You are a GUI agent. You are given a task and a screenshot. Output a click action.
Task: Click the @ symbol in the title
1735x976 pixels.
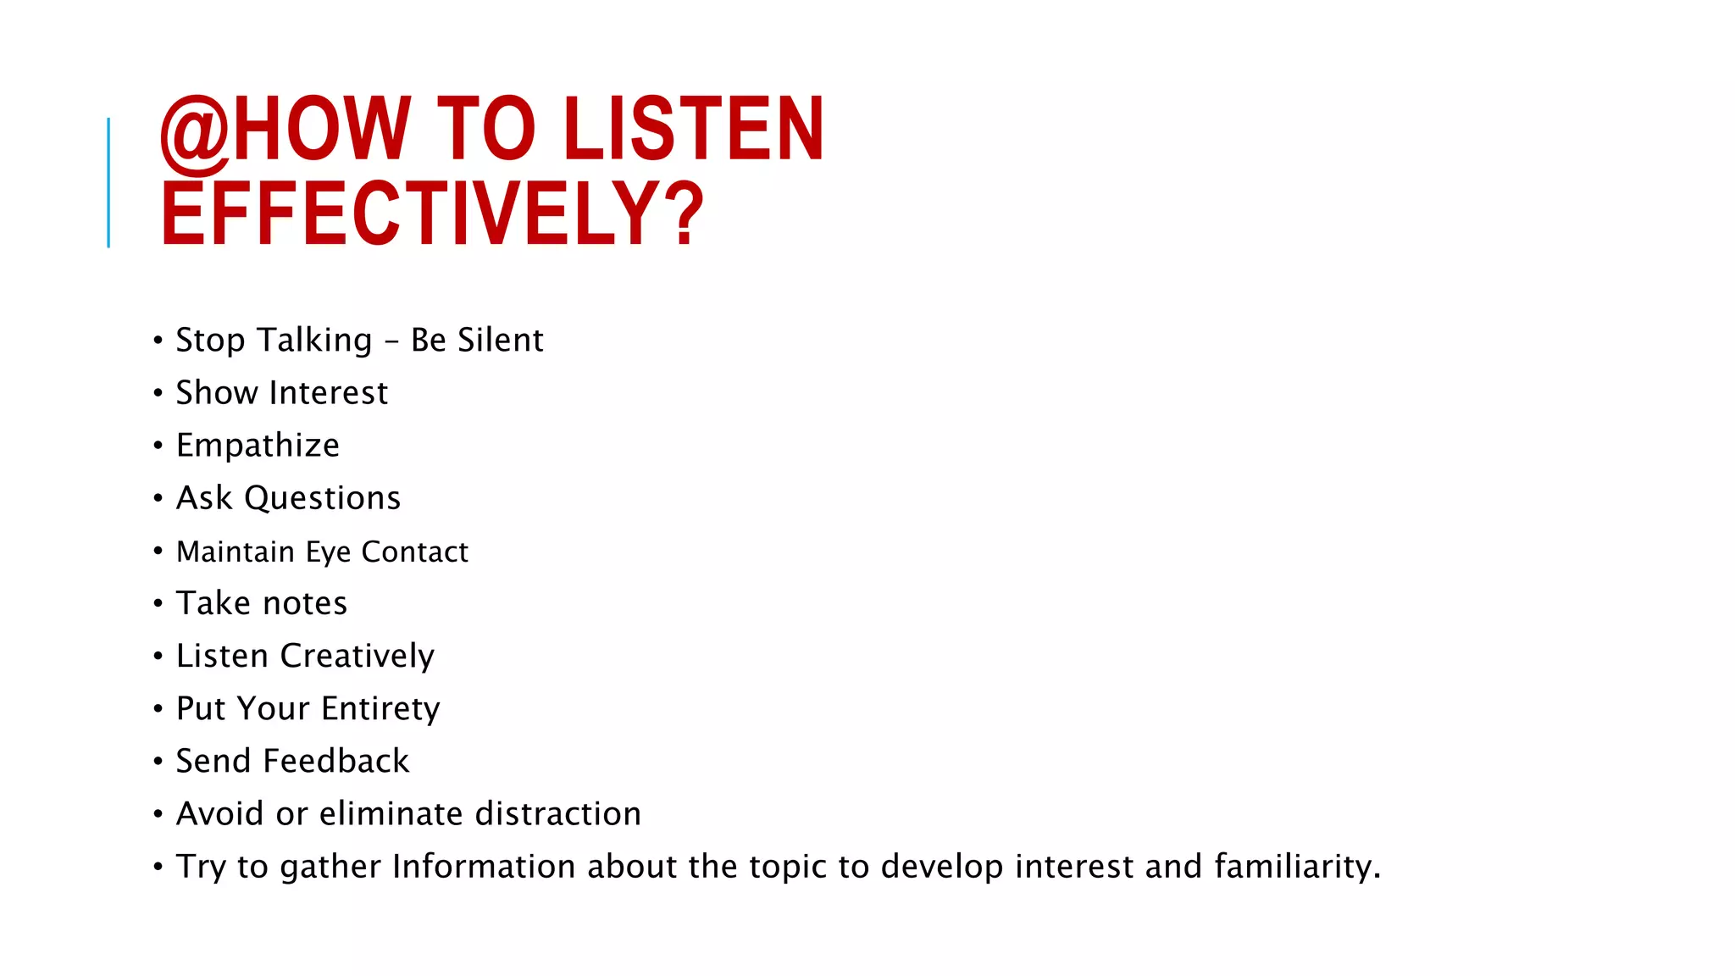point(194,130)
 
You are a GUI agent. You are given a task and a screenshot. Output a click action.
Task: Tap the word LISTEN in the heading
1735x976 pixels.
point(693,129)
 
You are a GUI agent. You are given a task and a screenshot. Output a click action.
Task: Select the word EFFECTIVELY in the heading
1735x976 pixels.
point(410,213)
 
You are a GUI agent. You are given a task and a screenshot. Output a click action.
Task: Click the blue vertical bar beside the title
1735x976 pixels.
point(108,182)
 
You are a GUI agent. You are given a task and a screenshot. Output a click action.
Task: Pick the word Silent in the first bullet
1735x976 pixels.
point(501,341)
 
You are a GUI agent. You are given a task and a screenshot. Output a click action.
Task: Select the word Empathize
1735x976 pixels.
point(258,446)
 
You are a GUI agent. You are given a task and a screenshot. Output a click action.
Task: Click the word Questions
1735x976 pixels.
point(323,498)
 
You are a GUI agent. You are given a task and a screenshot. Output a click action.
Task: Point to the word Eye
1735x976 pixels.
point(328,552)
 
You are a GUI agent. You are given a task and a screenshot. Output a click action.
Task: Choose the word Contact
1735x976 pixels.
point(414,552)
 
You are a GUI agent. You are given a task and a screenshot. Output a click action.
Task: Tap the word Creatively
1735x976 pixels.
point(357,657)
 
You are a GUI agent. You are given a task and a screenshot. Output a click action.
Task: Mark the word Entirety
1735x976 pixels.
point(380,709)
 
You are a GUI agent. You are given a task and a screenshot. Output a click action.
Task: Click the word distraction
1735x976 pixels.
point(558,814)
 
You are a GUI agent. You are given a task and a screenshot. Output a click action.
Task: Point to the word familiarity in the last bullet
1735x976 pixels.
point(1297,867)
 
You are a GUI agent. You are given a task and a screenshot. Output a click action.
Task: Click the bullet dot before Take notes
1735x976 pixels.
point(158,603)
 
